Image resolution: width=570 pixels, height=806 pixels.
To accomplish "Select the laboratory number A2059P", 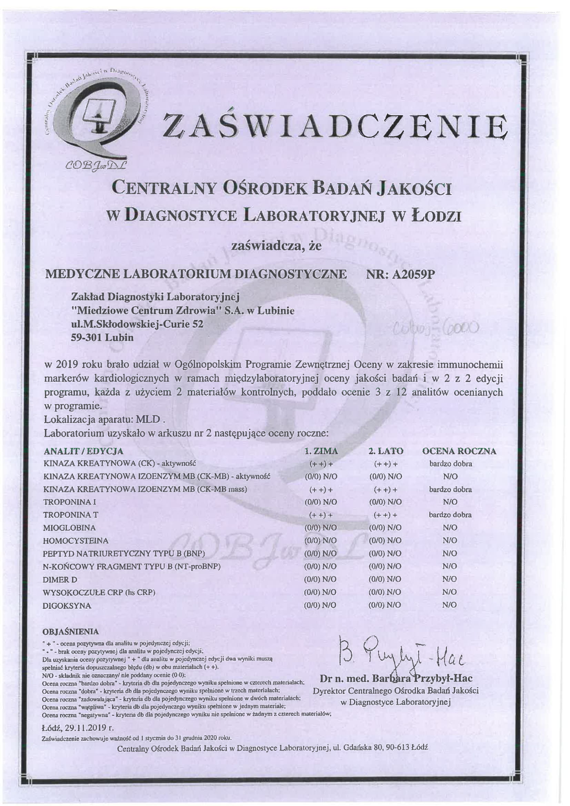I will tap(414, 275).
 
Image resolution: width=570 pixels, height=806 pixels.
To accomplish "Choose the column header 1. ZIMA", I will tap(321, 451).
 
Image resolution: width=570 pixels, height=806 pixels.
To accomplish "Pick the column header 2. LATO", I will tap(386, 451).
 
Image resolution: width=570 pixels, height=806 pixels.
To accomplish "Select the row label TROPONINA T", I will tap(71, 515).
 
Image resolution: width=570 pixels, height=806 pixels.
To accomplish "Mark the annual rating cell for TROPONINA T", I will tap(450, 515).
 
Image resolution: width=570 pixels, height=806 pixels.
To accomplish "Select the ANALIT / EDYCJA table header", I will tap(83, 451).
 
